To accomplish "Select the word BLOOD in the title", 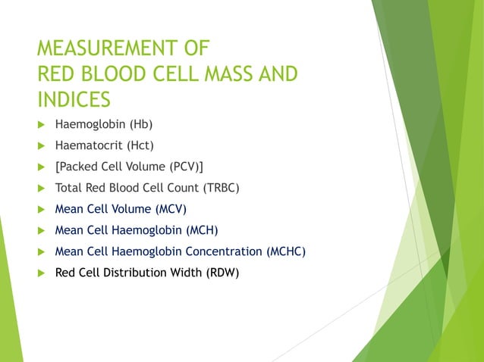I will pyautogui.click(x=112, y=76).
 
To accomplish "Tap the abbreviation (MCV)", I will pyautogui.click(x=171, y=209).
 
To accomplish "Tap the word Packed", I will pyautogui.click(x=78, y=167).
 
